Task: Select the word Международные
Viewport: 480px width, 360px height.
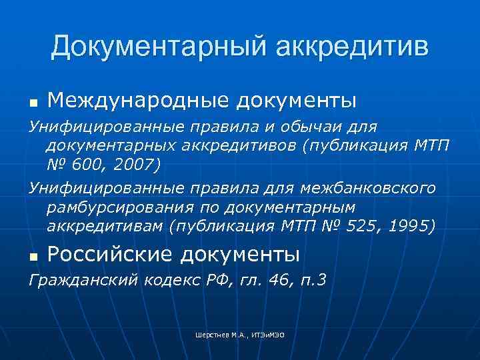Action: pos(134,101)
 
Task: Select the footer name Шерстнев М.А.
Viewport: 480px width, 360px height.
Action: pos(216,335)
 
